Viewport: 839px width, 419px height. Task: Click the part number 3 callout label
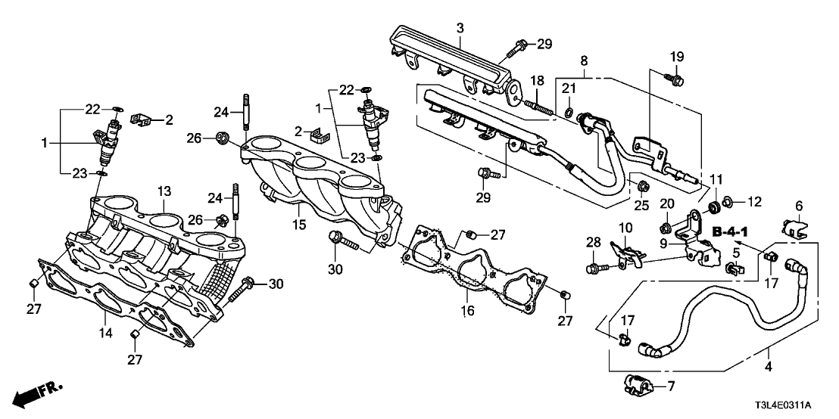coord(460,29)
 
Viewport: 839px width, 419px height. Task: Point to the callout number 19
coord(676,57)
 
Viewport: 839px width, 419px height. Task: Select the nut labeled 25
coord(641,185)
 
